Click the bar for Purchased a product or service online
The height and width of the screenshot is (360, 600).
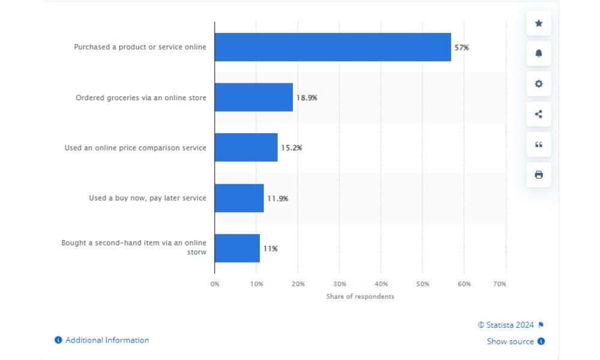332,47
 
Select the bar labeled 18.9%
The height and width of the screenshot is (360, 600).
254,97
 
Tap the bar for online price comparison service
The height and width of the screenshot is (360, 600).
246,148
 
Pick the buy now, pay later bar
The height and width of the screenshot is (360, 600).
239,198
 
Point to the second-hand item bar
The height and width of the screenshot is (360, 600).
237,248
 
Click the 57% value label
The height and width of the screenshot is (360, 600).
461,47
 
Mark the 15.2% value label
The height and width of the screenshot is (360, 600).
292,148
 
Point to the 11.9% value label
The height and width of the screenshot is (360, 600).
278,198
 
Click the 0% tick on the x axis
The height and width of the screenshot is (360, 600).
215,284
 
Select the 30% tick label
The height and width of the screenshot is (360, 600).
340,284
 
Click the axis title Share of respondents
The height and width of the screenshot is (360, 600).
361,296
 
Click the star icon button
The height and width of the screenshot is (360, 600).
539,23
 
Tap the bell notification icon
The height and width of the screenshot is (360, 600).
539,53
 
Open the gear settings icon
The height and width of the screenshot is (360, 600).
539,84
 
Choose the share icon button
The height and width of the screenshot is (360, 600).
539,114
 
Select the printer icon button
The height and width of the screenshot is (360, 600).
539,175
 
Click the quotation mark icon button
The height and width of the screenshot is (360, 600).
539,145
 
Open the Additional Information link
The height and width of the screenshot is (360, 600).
107,340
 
